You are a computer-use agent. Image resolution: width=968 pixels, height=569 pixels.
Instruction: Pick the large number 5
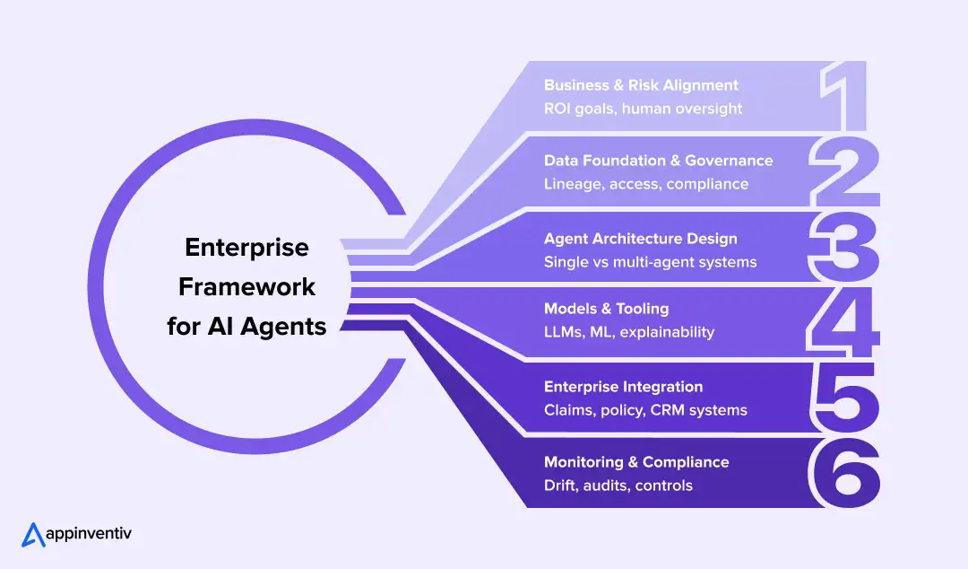click(843, 398)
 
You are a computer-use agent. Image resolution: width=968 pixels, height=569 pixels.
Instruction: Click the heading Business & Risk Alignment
click(641, 85)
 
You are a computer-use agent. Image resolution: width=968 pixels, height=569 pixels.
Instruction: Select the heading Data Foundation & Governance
click(658, 161)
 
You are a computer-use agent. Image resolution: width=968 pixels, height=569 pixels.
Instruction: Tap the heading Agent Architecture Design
click(640, 239)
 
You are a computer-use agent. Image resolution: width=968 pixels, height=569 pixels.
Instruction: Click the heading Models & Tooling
click(606, 309)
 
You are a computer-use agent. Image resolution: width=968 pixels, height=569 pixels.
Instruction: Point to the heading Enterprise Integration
click(623, 387)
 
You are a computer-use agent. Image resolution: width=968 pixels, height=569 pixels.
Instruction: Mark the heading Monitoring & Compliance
click(636, 462)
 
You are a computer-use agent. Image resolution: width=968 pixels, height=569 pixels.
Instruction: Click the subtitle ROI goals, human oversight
click(643, 109)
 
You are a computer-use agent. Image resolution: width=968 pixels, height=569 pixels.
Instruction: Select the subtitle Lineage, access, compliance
click(645, 184)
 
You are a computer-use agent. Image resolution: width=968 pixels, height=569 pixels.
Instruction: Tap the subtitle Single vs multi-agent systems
click(650, 262)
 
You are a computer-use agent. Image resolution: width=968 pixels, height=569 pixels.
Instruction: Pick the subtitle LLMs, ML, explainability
click(629, 332)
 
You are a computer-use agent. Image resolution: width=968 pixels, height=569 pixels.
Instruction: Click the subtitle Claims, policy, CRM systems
click(645, 410)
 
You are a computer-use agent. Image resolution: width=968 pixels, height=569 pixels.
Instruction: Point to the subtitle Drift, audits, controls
click(618, 486)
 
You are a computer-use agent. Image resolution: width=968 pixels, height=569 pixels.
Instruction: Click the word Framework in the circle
click(246, 286)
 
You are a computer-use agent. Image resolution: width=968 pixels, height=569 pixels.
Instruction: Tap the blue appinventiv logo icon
click(33, 534)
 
